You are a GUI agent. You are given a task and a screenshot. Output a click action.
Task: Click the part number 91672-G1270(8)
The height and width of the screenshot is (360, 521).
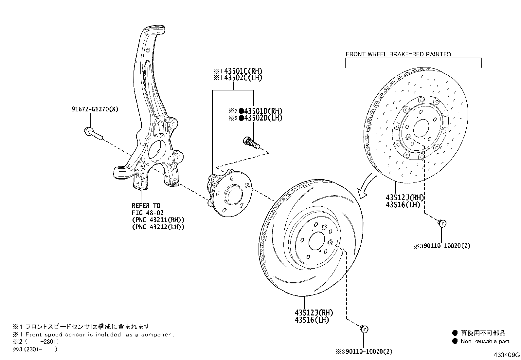coord(95,109)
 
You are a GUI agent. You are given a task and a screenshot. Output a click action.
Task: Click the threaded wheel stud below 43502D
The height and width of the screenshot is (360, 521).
coord(251,143)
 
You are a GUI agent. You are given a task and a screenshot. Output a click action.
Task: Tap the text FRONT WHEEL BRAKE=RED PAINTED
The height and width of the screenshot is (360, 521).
coord(398,54)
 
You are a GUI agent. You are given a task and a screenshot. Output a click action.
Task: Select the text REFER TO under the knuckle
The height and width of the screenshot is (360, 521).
coord(146,206)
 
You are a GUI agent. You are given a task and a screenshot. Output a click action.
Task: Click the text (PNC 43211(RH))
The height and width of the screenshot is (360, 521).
coord(158,220)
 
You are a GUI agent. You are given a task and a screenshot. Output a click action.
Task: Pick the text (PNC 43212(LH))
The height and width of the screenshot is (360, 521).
coord(158,227)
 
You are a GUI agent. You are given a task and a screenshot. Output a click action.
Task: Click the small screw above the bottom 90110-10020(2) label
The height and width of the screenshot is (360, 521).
coord(364,329)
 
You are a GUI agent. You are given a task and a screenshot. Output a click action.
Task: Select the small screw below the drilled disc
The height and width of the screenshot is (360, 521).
coord(441,223)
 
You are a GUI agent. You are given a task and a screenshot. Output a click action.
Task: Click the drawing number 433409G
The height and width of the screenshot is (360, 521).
coord(507,355)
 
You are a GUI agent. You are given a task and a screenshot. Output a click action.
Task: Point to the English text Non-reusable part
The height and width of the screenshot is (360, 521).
coord(485,341)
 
